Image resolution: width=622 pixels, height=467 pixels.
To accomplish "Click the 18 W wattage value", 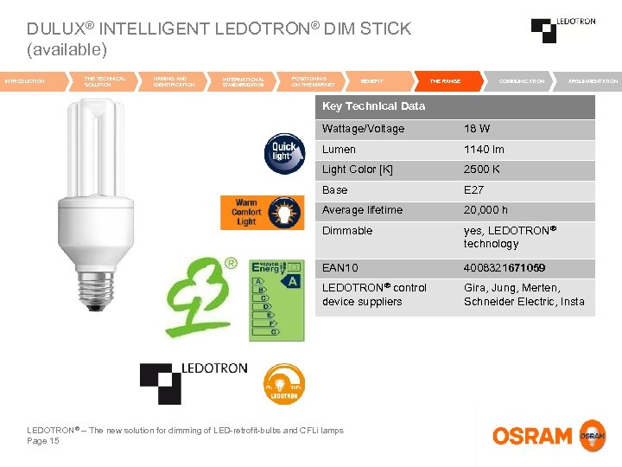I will pyautogui.click(x=478, y=129).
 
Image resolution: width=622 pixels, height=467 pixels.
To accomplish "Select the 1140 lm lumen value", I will pyautogui.click(x=484, y=150).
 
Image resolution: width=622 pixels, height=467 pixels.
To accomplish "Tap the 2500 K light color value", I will pyautogui.click(x=482, y=170).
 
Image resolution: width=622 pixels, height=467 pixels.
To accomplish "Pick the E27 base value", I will pyautogui.click(x=474, y=190).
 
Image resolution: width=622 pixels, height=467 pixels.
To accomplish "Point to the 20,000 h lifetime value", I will pyautogui.click(x=486, y=210).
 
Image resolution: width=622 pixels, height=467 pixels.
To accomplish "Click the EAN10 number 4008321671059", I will pyautogui.click(x=505, y=268).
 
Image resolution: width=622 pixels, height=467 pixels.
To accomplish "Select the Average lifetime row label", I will pyautogui.click(x=362, y=210).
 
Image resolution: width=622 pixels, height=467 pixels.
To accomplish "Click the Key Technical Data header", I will pyautogui.click(x=373, y=106).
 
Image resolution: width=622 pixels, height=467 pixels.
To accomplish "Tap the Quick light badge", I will pyautogui.click(x=284, y=152).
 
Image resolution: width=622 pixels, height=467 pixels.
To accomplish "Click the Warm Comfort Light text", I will pyautogui.click(x=246, y=212).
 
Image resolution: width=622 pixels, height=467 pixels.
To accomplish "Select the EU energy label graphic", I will pyautogui.click(x=276, y=297).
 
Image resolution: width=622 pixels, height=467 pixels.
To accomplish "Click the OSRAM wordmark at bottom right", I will pyautogui.click(x=532, y=436).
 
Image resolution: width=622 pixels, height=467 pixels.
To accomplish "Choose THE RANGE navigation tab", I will pyautogui.click(x=445, y=81).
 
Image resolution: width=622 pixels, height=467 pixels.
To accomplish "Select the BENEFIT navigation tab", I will pyautogui.click(x=372, y=81).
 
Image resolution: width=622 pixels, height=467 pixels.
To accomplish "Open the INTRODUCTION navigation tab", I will pyautogui.click(x=26, y=81).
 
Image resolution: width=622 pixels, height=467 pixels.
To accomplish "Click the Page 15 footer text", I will pyautogui.click(x=43, y=441).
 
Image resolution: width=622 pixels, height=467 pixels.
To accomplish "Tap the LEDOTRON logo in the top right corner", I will pyautogui.click(x=562, y=29).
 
